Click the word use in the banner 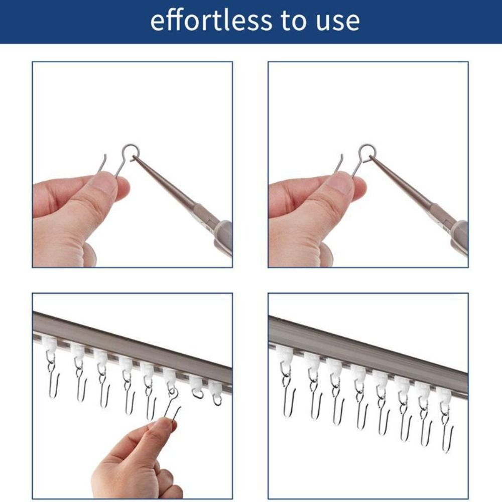tap(337, 22)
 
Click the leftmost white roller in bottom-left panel tap(50, 345)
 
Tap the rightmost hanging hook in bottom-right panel tap(446, 432)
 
